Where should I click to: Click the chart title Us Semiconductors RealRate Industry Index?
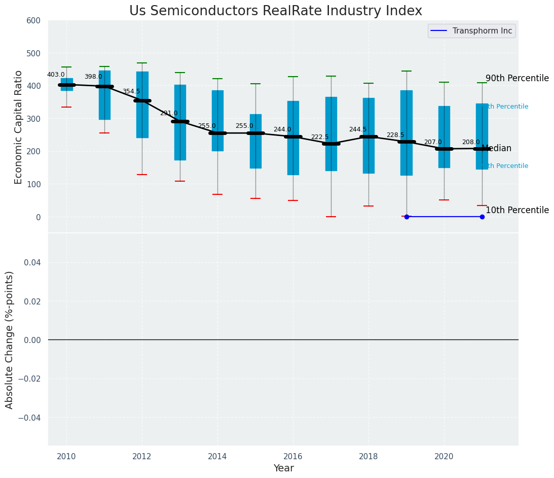point(275,11)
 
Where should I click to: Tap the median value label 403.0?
point(56,75)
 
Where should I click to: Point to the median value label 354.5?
point(131,91)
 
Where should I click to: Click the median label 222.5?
point(320,137)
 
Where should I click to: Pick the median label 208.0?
point(471,142)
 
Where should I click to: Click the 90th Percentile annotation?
point(517,78)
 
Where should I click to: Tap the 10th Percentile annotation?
point(517,210)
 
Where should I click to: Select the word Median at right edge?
point(496,149)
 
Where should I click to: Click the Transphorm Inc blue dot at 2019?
point(407,217)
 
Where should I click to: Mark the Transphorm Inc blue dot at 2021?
point(482,217)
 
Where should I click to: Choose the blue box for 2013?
point(180,122)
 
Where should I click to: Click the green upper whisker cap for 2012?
point(142,63)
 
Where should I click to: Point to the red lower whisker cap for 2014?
point(217,194)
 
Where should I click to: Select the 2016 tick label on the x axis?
point(293,456)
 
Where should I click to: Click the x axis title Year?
point(283,468)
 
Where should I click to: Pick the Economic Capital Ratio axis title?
point(18,127)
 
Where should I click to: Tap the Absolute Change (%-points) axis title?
point(10,339)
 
